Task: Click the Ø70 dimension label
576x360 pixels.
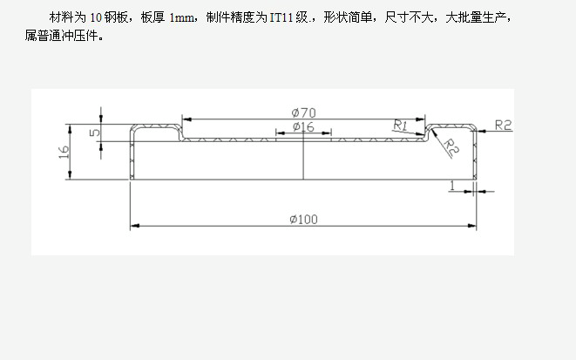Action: tap(302, 112)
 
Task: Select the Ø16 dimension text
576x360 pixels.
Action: tap(302, 127)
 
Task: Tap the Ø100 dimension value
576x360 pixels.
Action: tap(302, 219)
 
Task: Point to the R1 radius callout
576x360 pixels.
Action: tap(401, 125)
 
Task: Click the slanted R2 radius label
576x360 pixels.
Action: tap(451, 146)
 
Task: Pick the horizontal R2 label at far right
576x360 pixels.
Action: tap(502, 125)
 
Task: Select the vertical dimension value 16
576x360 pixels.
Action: tap(64, 152)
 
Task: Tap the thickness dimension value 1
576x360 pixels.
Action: tap(453, 185)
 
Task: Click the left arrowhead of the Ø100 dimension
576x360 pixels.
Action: tap(134, 227)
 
